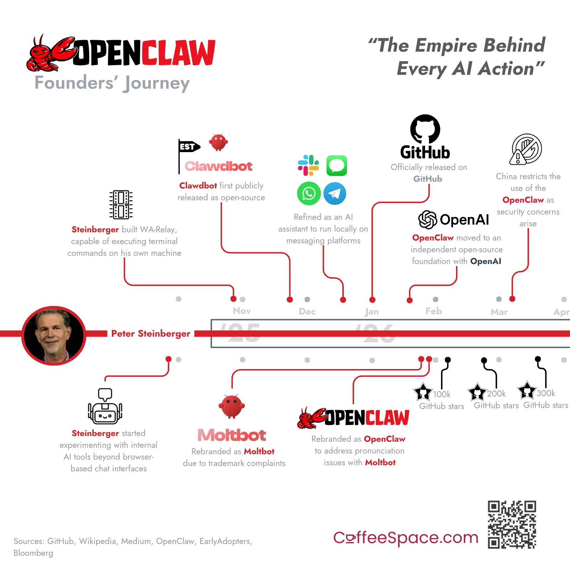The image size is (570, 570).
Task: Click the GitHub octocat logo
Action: click(x=425, y=129)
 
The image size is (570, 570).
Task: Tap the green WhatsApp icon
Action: click(x=309, y=193)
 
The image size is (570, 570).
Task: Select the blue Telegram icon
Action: click(x=335, y=193)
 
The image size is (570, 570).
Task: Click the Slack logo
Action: click(x=309, y=165)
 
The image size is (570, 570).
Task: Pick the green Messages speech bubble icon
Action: click(x=337, y=166)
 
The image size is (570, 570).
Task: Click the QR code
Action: click(x=512, y=524)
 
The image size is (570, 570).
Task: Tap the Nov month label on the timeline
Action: click(x=242, y=311)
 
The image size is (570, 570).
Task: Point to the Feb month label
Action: click(x=434, y=311)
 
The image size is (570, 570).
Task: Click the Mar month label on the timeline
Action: click(x=499, y=312)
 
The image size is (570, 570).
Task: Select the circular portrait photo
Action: click(x=54, y=336)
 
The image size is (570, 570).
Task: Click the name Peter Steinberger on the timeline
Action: click(x=151, y=334)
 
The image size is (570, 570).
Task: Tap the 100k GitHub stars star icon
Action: click(x=423, y=392)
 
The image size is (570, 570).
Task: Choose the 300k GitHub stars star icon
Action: click(x=527, y=390)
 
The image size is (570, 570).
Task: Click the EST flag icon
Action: click(x=188, y=147)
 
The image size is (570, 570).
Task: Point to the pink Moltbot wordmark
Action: click(x=232, y=435)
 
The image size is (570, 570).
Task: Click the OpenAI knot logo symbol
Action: click(x=427, y=219)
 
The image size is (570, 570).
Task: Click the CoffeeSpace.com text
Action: click(x=405, y=538)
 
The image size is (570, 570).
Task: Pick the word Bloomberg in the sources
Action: click(x=33, y=553)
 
